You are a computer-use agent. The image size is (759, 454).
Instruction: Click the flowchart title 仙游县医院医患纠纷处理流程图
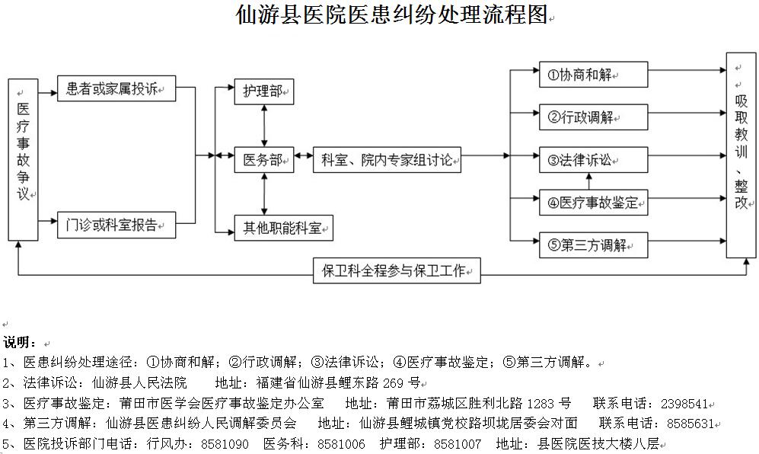click(391, 14)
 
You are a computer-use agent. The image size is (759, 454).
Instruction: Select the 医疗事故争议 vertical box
click(24, 160)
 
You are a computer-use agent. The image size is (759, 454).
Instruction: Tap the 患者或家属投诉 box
click(116, 88)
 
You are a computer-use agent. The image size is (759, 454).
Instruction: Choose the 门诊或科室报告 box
click(116, 225)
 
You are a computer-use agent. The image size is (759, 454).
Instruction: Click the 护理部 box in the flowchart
click(264, 91)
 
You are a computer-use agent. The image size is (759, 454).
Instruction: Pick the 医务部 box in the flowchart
click(264, 160)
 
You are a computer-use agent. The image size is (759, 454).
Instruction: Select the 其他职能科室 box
click(284, 228)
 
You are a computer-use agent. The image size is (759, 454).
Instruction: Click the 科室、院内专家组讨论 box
click(387, 160)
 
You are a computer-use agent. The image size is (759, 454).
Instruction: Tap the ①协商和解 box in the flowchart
click(594, 75)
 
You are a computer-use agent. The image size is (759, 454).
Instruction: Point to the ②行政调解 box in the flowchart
click(594, 117)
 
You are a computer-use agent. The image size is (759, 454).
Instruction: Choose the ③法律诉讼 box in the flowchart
click(594, 160)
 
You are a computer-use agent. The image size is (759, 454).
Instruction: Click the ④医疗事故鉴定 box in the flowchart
click(594, 203)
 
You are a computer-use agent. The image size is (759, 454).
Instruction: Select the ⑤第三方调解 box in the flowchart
click(594, 245)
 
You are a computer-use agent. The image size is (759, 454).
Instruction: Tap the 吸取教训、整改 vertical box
click(741, 155)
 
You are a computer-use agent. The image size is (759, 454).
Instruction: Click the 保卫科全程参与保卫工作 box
click(397, 270)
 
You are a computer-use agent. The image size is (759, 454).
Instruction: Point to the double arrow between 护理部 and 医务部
click(264, 126)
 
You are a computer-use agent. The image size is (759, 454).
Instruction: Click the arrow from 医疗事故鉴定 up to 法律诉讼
click(589, 181)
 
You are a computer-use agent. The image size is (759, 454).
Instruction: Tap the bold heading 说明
click(20, 343)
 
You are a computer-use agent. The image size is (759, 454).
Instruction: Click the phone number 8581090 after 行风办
click(225, 444)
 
